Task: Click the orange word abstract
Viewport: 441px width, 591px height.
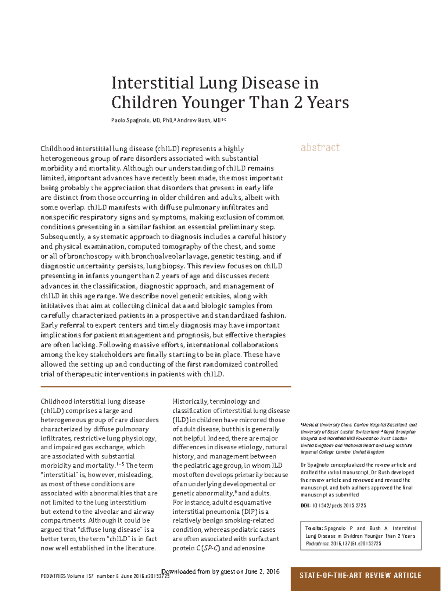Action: click(x=320, y=148)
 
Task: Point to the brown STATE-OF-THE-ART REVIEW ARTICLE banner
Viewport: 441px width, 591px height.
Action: click(x=360, y=576)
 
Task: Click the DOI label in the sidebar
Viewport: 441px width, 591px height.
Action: click(x=305, y=506)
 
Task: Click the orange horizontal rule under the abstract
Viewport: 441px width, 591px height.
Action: click(x=165, y=387)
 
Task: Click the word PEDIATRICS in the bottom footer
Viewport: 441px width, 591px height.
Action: click(x=53, y=576)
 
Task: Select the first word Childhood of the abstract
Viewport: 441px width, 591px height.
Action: click(x=57, y=149)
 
